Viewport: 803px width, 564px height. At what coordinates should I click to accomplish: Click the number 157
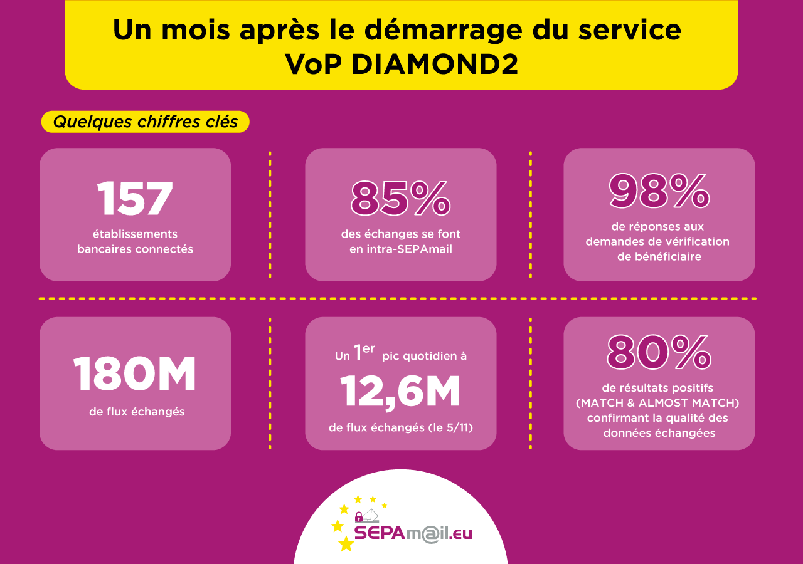pyautogui.click(x=135, y=199)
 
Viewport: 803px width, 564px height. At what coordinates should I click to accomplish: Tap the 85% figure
pyautogui.click(x=400, y=199)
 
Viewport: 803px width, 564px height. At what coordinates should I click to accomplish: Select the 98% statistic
pyautogui.click(x=659, y=191)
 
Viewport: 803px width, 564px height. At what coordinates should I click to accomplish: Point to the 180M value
pyautogui.click(x=135, y=375)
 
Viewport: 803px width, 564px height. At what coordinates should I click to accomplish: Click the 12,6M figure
pyautogui.click(x=400, y=391)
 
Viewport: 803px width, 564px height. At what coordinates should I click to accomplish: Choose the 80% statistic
pyautogui.click(x=659, y=352)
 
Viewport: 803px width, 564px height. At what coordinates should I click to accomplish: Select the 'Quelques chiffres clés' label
pyautogui.click(x=145, y=122)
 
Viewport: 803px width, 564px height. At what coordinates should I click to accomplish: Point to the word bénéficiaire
pyautogui.click(x=659, y=256)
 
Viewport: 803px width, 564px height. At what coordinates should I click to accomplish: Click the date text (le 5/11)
pyautogui.click(x=450, y=428)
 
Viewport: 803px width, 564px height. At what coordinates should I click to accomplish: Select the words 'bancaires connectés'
pyautogui.click(x=135, y=249)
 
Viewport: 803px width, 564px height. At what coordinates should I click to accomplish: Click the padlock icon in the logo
pyautogui.click(x=359, y=517)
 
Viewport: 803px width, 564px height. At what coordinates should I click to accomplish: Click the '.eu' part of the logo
pyautogui.click(x=460, y=533)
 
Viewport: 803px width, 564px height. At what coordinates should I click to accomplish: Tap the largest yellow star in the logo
pyautogui.click(x=346, y=544)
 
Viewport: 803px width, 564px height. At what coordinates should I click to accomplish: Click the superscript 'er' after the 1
pyautogui.click(x=369, y=349)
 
